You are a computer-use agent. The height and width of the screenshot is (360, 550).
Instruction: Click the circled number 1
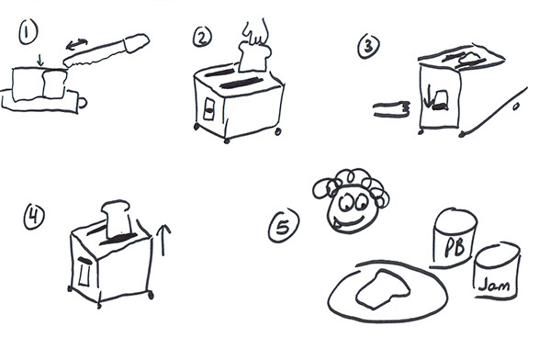click(28, 32)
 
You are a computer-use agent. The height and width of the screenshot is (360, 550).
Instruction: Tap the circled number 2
click(202, 38)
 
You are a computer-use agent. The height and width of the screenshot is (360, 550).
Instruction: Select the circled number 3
click(368, 47)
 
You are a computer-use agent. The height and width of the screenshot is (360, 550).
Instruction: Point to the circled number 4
click(34, 217)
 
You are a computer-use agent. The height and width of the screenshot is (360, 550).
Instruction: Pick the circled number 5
click(284, 226)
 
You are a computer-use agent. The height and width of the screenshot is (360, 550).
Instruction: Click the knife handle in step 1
click(137, 42)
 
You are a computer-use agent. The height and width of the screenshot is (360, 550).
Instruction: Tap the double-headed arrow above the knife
click(77, 44)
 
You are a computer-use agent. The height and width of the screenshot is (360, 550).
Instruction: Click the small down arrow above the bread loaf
click(40, 60)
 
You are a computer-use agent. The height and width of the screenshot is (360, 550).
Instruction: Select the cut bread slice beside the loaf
click(55, 84)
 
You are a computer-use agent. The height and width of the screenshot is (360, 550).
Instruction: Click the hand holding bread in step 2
click(256, 32)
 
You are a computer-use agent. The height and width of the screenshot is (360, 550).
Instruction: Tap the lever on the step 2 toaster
click(208, 109)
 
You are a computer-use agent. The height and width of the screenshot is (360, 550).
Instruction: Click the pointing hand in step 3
click(392, 109)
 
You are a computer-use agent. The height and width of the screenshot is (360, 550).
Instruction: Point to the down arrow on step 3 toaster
click(427, 96)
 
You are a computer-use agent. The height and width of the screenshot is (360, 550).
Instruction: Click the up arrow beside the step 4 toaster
click(163, 240)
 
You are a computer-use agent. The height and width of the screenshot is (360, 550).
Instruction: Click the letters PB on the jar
click(455, 247)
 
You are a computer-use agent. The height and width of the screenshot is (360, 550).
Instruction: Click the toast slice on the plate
click(383, 289)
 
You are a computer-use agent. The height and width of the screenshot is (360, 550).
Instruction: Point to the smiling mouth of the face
click(351, 223)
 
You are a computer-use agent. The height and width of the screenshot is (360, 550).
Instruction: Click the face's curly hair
click(352, 186)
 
